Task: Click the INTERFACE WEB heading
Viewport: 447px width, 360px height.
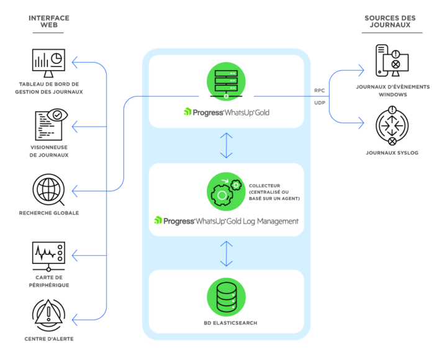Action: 49,21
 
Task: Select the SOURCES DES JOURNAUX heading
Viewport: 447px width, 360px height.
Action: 390,21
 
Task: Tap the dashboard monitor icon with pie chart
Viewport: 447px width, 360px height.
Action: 48,63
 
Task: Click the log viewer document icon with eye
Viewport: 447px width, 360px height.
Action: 52,124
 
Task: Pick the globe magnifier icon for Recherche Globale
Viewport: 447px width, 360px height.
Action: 48,190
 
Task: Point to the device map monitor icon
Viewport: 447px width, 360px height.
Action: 48,256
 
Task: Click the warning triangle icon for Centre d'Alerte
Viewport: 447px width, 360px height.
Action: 48,315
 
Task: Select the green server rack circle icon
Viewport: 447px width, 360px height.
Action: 226,81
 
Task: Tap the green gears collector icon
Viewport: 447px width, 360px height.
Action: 226,192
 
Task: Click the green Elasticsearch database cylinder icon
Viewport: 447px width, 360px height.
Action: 226,297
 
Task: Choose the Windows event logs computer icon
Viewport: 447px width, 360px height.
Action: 392,60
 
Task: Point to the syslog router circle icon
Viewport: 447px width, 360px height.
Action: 392,126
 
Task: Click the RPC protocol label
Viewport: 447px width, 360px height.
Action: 319,91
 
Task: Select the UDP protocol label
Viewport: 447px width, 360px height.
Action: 320,103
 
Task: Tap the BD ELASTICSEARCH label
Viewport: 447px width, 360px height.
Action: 230,323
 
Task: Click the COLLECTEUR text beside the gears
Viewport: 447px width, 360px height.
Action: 264,186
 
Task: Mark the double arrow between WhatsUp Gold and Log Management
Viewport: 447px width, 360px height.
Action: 227,145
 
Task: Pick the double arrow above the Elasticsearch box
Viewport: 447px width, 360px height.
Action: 227,254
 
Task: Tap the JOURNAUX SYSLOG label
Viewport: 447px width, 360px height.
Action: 392,153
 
